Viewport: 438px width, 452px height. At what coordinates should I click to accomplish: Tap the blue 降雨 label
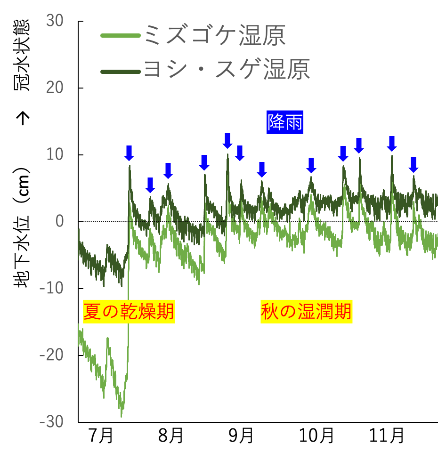[285, 123]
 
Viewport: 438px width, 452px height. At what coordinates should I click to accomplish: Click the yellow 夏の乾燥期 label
[129, 312]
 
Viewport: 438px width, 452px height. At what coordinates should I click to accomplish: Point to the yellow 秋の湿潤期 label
[306, 312]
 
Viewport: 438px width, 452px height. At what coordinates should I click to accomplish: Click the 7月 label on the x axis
[100, 436]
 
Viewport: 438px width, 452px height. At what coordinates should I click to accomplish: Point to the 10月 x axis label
[314, 436]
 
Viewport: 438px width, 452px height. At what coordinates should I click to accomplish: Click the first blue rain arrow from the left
[129, 153]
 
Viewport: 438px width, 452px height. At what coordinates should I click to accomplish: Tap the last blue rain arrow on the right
[413, 164]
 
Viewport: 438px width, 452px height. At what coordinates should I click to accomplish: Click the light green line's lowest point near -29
[121, 416]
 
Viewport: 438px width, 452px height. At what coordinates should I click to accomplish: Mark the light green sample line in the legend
[121, 36]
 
